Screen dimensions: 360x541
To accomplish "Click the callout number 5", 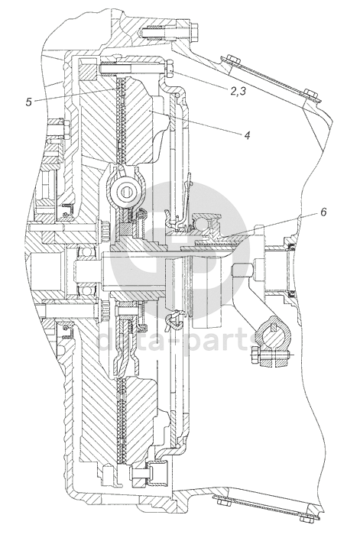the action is point(29,102).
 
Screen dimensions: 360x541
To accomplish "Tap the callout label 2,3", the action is point(238,92).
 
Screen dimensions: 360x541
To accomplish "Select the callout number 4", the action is point(247,135).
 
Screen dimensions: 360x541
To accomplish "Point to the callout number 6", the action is point(323,212).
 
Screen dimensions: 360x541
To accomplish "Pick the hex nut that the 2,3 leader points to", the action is point(169,69).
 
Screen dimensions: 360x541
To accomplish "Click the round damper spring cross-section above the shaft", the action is point(128,190).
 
